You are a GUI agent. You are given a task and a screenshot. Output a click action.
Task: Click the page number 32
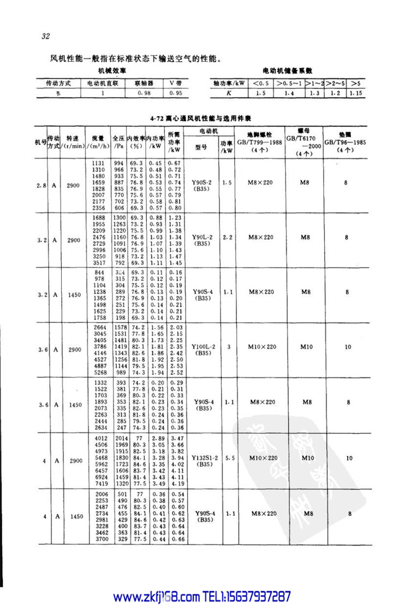pyautogui.click(x=45, y=37)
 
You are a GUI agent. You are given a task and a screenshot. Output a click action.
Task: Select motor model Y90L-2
pyautogui.click(x=204, y=237)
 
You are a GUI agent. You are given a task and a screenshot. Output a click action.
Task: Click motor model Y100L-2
pyautogui.click(x=204, y=346)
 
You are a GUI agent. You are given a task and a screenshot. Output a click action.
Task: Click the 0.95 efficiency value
pyautogui.click(x=175, y=93)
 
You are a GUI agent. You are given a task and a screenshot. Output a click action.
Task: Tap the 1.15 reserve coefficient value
pyautogui.click(x=355, y=93)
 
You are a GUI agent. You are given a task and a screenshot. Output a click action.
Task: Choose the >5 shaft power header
pyautogui.click(x=355, y=83)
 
